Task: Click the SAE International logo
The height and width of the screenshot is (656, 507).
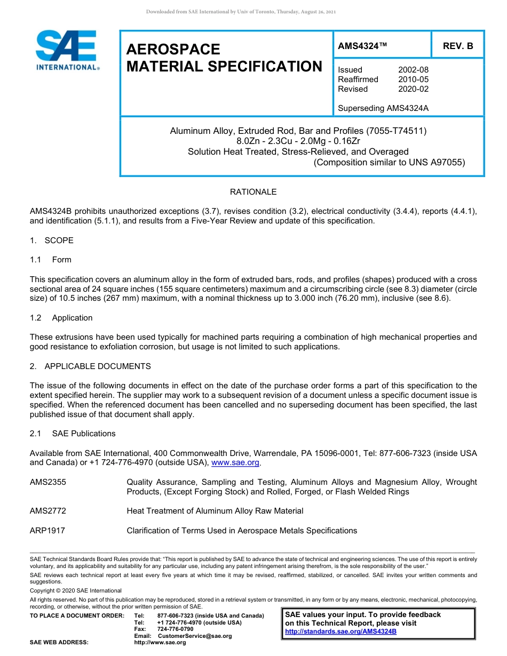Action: point(67,50)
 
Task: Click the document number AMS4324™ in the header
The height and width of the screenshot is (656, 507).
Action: point(362,46)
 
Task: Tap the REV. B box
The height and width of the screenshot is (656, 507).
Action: point(457,46)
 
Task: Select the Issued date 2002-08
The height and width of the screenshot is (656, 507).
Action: point(413,70)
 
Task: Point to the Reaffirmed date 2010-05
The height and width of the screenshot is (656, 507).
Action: point(413,79)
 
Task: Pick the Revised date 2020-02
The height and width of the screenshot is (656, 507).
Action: point(413,89)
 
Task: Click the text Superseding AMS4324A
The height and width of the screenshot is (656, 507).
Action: point(383,108)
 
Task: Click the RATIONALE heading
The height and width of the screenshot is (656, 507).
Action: point(253,192)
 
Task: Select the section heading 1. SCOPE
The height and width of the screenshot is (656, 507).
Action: point(52,241)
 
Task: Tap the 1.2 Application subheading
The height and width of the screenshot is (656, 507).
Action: point(61,318)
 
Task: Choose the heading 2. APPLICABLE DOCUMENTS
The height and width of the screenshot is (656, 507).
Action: point(90,366)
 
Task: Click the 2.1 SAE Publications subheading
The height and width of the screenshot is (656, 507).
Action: point(73,434)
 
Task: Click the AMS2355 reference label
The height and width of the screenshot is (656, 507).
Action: point(48,482)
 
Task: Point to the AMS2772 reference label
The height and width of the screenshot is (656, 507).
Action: point(48,511)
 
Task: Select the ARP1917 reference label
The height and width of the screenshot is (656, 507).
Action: point(47,531)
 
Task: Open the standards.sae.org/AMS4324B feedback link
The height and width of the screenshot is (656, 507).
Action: point(340,631)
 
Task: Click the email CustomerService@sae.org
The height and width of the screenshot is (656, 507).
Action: point(195,636)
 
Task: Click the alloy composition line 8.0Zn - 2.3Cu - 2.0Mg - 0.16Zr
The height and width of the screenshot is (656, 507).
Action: point(298,141)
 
